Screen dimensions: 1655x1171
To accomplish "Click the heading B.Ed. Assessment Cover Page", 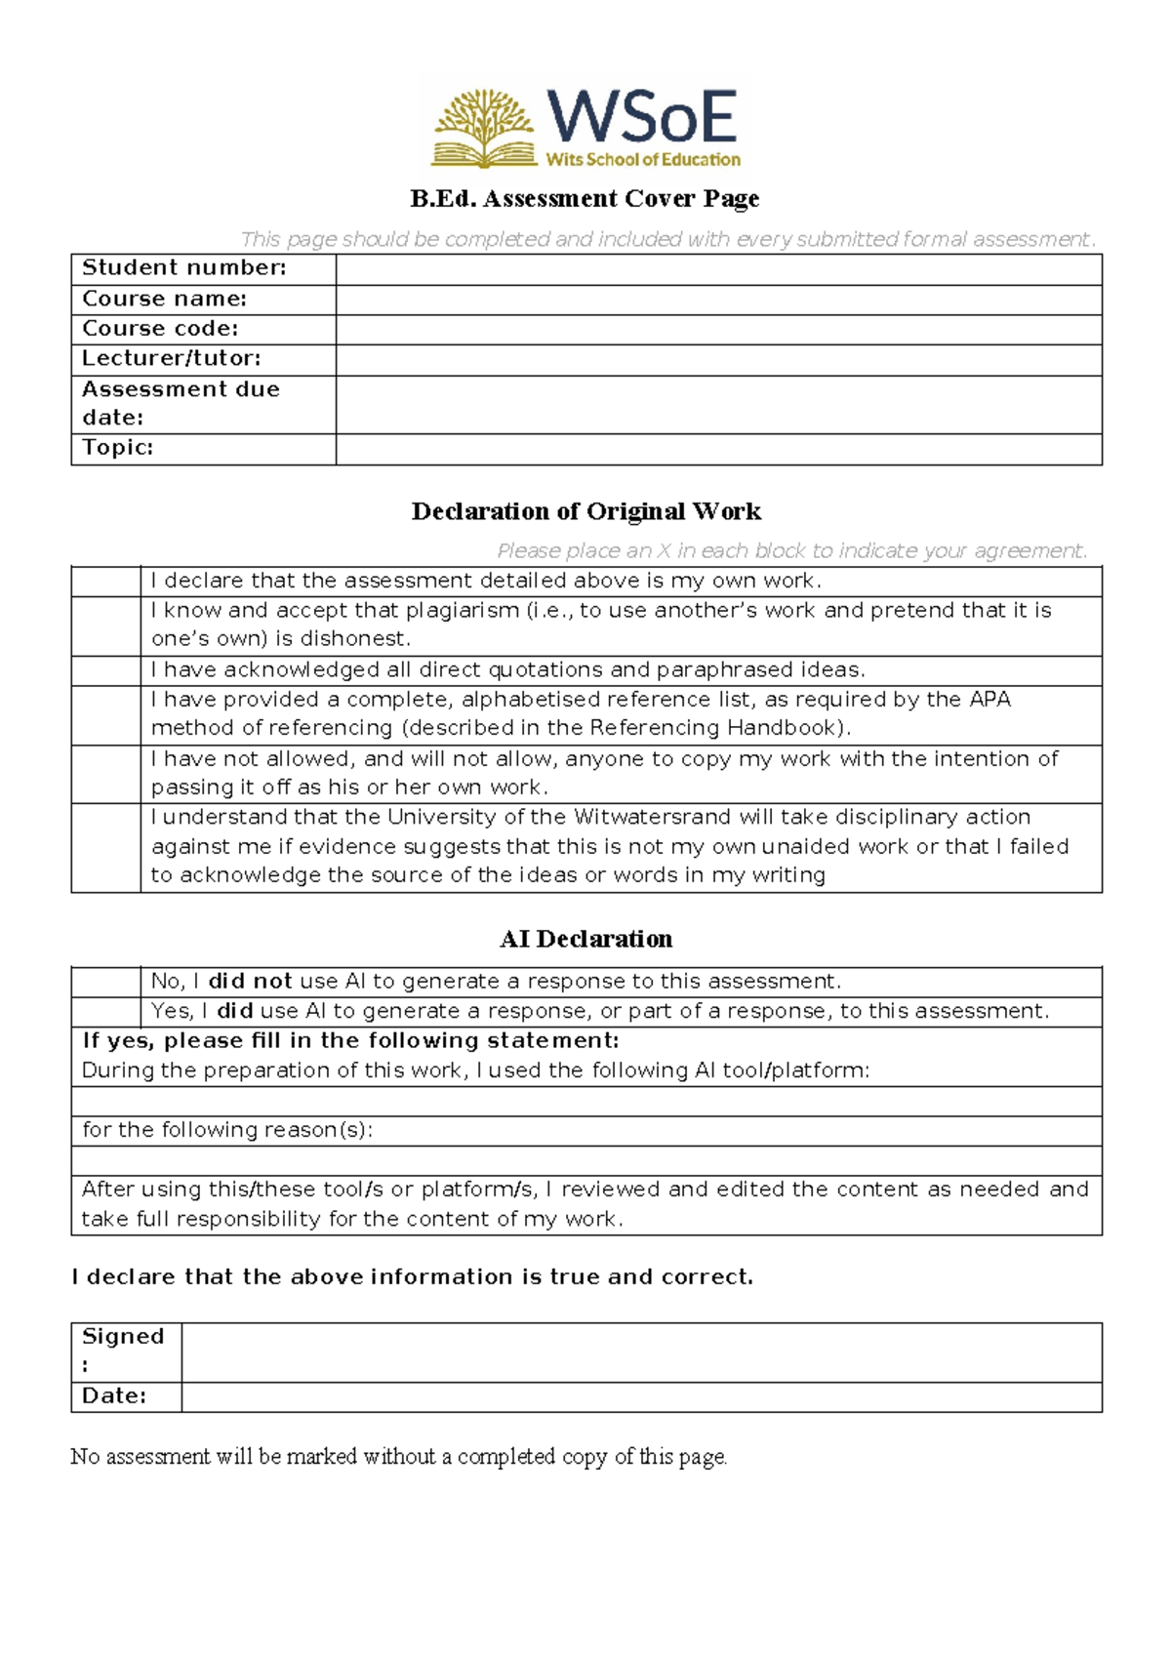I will pyautogui.click(x=585, y=199).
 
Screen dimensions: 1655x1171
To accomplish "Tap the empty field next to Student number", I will pyautogui.click(x=718, y=269).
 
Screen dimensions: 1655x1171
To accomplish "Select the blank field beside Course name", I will pyautogui.click(x=718, y=300).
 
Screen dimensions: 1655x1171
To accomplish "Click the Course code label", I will pyautogui.click(x=160, y=329).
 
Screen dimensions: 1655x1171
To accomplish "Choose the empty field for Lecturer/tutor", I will pyautogui.click(x=718, y=360).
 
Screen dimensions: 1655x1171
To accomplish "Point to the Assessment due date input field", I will pyautogui.click(x=718, y=404).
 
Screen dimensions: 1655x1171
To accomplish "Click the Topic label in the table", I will pyautogui.click(x=118, y=448).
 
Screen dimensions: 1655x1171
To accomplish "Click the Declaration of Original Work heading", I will pyautogui.click(x=585, y=511).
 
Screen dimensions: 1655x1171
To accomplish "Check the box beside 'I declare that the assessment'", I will pyautogui.click(x=105, y=582).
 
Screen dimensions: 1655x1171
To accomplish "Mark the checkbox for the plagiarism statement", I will pyautogui.click(x=105, y=626).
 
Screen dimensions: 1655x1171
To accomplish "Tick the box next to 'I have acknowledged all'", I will pyautogui.click(x=105, y=670).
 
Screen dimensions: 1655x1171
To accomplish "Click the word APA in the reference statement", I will pyautogui.click(x=989, y=700).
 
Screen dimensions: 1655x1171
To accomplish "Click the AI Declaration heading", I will pyautogui.click(x=585, y=939).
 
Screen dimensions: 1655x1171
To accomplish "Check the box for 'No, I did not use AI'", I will pyautogui.click(x=105, y=982).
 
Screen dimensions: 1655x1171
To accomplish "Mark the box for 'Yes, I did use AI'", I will pyautogui.click(x=105, y=1011).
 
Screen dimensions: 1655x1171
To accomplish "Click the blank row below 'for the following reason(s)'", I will pyautogui.click(x=585, y=1160).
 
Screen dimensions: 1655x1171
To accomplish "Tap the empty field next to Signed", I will pyautogui.click(x=640, y=1352).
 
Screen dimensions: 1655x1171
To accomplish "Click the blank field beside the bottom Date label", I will pyautogui.click(x=640, y=1396).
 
